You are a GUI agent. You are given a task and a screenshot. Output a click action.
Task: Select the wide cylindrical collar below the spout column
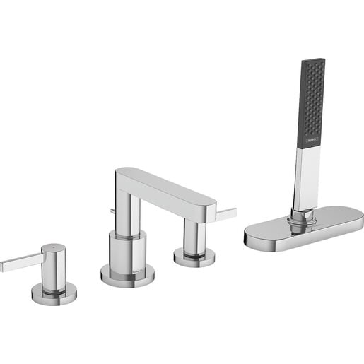tap(127, 248)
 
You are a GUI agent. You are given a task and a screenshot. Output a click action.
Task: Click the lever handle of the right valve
tap(226, 213)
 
